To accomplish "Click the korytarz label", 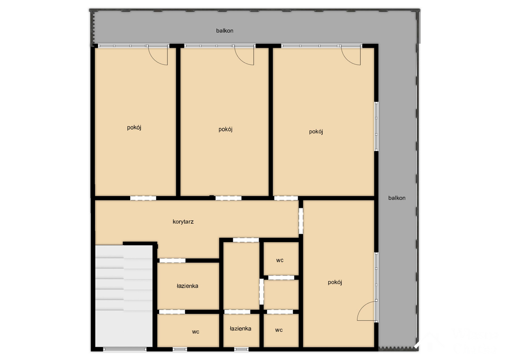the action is (x=183, y=222).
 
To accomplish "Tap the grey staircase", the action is (x=124, y=296).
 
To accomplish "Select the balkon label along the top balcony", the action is (x=225, y=31).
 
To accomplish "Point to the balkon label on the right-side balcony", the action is (x=397, y=198).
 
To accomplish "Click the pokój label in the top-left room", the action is (x=134, y=128).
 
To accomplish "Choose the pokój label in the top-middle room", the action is (x=225, y=129).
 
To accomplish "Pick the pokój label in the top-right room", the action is (x=316, y=132).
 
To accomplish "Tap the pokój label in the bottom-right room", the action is (x=335, y=282).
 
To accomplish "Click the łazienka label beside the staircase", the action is (x=187, y=286).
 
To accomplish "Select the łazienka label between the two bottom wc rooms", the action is (x=240, y=329).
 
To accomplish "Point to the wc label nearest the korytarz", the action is (x=280, y=261).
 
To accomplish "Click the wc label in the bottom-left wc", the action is (x=195, y=332).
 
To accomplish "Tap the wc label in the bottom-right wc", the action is (x=279, y=330).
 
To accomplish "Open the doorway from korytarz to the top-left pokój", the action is (x=143, y=198).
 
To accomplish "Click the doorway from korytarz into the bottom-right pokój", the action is (x=301, y=221).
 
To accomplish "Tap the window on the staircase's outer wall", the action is (x=125, y=349).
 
